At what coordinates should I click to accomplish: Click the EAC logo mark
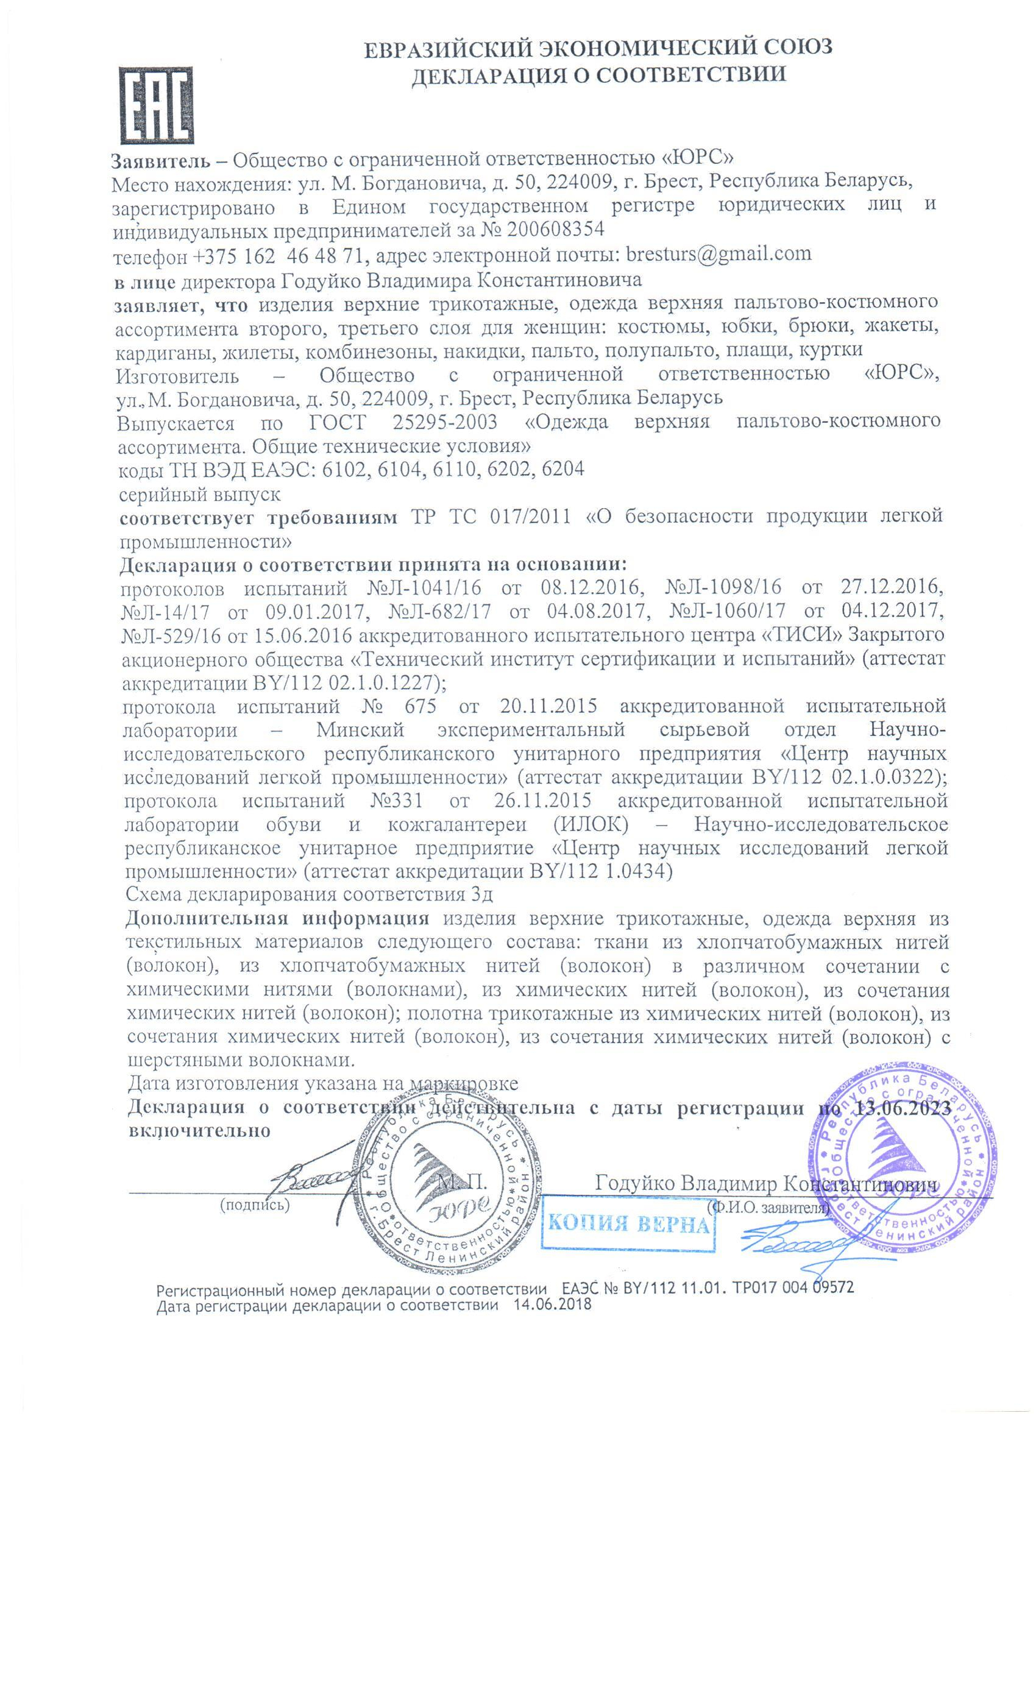[155, 105]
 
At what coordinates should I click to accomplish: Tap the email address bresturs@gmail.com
[718, 253]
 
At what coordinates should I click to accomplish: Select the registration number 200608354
[555, 228]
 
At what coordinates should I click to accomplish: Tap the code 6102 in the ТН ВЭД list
[345, 469]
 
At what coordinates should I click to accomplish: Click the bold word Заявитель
[161, 161]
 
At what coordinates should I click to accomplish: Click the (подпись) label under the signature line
[254, 1204]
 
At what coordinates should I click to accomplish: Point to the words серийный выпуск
[199, 494]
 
